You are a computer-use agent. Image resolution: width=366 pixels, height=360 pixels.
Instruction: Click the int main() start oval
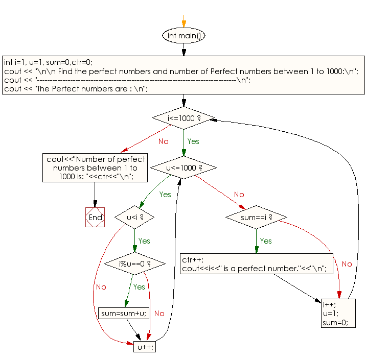(184, 35)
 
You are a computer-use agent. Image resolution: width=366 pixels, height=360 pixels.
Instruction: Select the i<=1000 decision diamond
(184, 118)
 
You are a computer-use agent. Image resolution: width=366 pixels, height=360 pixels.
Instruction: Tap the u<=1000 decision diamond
(184, 167)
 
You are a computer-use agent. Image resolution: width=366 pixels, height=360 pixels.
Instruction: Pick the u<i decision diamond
(134, 218)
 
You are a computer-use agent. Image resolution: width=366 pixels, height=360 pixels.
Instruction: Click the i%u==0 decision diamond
(134, 263)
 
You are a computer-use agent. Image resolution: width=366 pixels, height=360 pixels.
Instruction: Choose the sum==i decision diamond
(256, 218)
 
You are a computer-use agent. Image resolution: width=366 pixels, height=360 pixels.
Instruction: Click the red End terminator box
(95, 218)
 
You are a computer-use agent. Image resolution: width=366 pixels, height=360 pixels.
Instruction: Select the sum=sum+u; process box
(124, 313)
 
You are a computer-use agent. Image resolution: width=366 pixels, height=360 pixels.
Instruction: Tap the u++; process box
(145, 347)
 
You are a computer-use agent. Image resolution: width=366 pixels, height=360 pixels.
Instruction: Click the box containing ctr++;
(257, 263)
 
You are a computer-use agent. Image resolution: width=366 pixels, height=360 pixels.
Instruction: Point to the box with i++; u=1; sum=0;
(338, 313)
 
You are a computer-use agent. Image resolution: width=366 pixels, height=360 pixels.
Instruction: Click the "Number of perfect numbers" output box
(95, 167)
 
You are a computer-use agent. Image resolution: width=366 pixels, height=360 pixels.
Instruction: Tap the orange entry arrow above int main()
(184, 21)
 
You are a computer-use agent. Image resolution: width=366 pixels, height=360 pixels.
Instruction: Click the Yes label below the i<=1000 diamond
(193, 141)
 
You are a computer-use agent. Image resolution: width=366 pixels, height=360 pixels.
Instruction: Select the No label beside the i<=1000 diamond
(164, 141)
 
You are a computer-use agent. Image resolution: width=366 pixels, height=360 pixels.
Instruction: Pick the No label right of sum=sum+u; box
(159, 314)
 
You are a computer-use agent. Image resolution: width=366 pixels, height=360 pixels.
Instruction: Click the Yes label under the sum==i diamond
(266, 241)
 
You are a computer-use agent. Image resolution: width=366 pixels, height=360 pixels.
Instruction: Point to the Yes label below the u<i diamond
(144, 241)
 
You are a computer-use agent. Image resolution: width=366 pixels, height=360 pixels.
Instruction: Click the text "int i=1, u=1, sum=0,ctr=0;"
(49, 62)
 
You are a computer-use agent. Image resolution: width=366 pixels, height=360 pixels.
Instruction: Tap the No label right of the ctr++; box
(347, 264)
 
